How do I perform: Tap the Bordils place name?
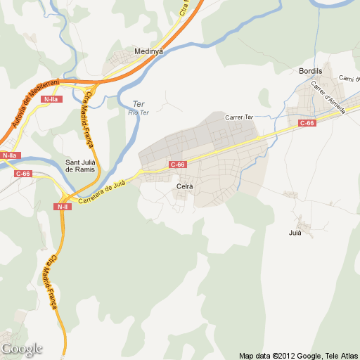tap(310, 72)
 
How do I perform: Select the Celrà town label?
tap(185, 186)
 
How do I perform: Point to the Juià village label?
tap(295, 232)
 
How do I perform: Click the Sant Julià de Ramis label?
tap(80, 165)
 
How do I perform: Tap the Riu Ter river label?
tap(139, 112)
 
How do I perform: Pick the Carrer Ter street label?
tap(238, 117)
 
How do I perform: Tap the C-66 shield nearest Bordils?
tap(307, 123)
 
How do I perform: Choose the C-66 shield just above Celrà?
tap(177, 165)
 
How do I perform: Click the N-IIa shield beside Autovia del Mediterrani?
tap(51, 99)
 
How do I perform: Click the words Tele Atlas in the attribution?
tap(342, 355)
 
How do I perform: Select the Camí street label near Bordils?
tap(348, 78)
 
